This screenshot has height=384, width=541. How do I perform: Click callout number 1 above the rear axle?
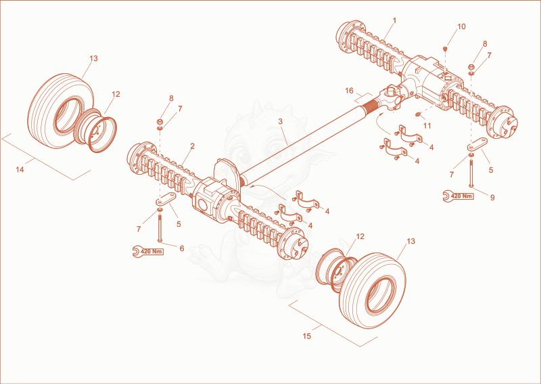(x=394, y=21)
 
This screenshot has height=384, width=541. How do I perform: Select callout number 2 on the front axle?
(x=192, y=146)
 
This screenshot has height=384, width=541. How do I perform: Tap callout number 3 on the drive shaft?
(x=280, y=121)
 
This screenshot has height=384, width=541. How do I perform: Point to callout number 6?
(x=182, y=248)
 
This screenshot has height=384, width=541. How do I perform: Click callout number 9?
(x=492, y=197)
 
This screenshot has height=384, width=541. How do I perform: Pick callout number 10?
(x=461, y=26)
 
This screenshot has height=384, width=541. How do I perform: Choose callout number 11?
(x=427, y=126)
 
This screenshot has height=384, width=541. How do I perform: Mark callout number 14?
(x=20, y=169)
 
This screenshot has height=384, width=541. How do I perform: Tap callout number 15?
(x=307, y=336)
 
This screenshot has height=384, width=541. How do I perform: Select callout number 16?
(x=349, y=91)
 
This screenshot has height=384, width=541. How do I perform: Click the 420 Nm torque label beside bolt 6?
(x=151, y=252)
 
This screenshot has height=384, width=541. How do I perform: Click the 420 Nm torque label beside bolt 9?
(x=462, y=196)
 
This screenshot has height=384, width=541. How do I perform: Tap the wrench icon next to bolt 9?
(x=447, y=196)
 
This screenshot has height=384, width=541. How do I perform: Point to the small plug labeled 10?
(x=445, y=49)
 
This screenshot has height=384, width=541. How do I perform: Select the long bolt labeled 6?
(x=160, y=228)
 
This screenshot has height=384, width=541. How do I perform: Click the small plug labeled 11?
(x=418, y=114)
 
